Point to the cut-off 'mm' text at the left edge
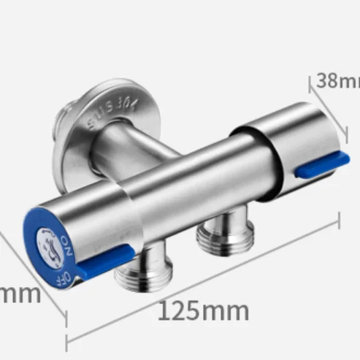[x=18, y=294]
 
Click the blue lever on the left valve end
[x=105, y=261]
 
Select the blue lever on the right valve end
[x=321, y=164]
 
